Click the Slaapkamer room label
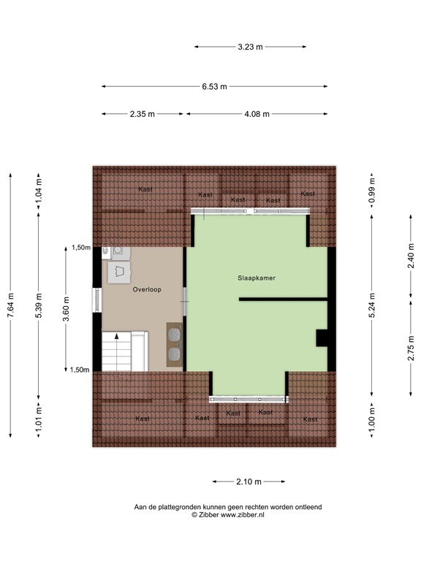point(256,278)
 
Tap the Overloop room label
point(147,289)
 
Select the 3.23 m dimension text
point(250,47)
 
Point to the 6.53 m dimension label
point(215,86)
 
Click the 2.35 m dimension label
point(142,114)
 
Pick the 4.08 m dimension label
point(257,114)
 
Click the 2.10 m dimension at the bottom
point(249,481)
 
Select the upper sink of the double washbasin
point(175,335)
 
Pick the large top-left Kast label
point(146,189)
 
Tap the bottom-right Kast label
point(311,419)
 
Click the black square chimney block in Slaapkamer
point(322,337)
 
